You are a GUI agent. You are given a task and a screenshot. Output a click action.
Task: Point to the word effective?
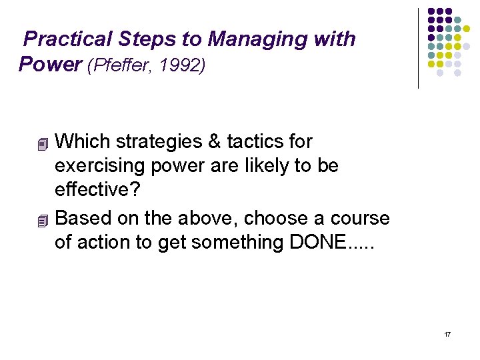[97, 190]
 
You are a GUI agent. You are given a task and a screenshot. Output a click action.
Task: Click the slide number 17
[447, 333]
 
